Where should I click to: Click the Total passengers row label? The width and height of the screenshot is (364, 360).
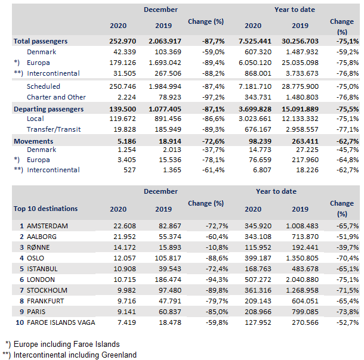click(x=41, y=42)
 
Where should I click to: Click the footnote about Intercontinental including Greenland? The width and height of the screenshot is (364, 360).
click(x=70, y=355)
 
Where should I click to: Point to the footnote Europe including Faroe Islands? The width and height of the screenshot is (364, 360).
click(x=69, y=345)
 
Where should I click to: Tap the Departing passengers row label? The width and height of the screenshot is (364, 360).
click(x=49, y=110)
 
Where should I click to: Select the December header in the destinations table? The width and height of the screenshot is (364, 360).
click(x=161, y=191)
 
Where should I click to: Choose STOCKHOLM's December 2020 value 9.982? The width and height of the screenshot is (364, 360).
click(x=124, y=290)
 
